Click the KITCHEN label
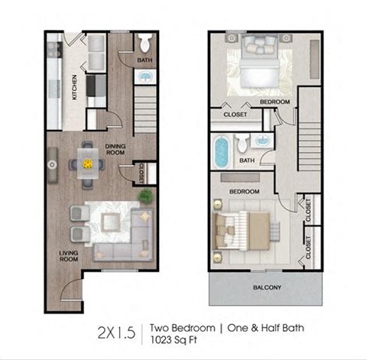pyautogui.click(x=74, y=87)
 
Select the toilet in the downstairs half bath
pyautogui.click(x=145, y=42)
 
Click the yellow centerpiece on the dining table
pyautogui.click(x=86, y=163)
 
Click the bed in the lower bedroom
pyautogui.click(x=243, y=227)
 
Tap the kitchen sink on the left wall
pyautogui.click(x=53, y=163)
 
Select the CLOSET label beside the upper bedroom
pyautogui.click(x=234, y=115)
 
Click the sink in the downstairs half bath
pyautogui.click(x=145, y=76)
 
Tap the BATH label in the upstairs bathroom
pyautogui.click(x=247, y=161)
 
